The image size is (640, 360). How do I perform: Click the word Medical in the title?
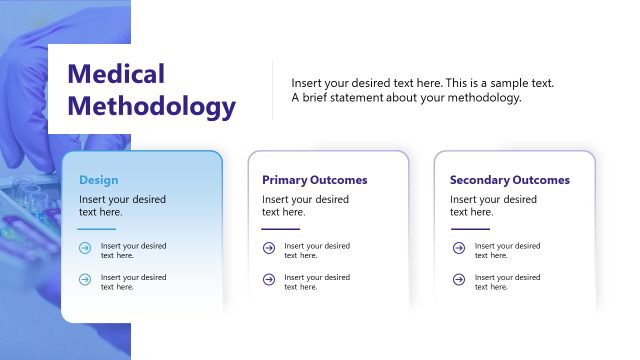[x=115, y=74]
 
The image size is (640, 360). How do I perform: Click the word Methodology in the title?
[x=151, y=106]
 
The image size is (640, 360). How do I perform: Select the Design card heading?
[x=99, y=180]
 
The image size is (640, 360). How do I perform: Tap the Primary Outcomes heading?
[x=315, y=180]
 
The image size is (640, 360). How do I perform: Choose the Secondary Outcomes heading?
[x=510, y=180]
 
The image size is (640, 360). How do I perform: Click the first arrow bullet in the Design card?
[x=85, y=250]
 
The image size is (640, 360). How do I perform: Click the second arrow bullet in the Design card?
[x=85, y=281]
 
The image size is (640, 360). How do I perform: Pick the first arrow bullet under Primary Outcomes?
[x=268, y=250]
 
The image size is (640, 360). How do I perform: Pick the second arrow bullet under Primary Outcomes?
[x=268, y=281]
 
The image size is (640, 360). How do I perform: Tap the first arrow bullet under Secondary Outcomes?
[x=458, y=250]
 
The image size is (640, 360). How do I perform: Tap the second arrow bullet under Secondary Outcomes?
[x=458, y=281]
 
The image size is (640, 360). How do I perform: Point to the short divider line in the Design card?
[x=97, y=229]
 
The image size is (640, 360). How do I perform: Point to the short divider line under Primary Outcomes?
[x=281, y=229]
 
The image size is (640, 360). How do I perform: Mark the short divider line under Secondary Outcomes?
[x=470, y=229]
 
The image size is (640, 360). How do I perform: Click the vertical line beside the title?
[x=273, y=90]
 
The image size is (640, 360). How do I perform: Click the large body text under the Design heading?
[x=122, y=205]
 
